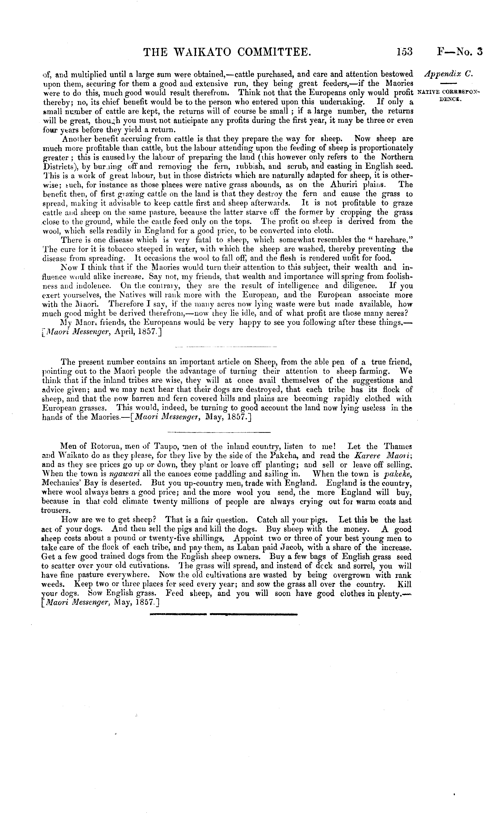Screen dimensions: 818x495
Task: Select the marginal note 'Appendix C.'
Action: tap(449, 74)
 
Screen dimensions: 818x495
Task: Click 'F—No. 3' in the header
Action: tap(460, 52)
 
